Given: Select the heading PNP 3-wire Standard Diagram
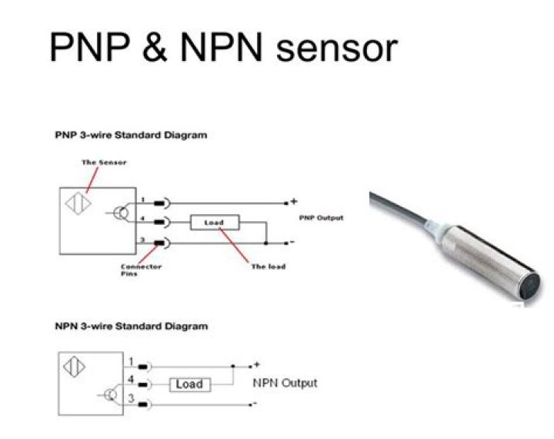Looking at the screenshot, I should pos(131,135).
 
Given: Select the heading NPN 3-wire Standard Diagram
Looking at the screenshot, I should pos(131,326).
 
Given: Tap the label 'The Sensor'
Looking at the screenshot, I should pos(104,163).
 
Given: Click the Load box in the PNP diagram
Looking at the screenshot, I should pos(214,223).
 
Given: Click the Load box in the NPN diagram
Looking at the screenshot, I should pos(189,384).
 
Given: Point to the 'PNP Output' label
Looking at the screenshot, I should pos(321,218).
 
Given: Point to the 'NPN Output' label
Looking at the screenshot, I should pos(285,383).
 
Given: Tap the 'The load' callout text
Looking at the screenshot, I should pos(269,266).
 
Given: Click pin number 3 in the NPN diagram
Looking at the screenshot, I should pos(132,398).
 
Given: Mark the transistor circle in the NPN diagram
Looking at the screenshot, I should pos(111,395).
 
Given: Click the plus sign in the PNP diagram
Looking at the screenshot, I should pos(294,201).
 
